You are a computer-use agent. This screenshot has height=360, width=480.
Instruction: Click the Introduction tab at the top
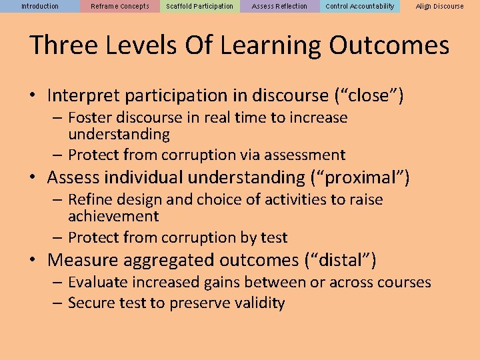tap(40, 6)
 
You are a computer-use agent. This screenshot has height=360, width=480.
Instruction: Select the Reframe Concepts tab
tap(120, 6)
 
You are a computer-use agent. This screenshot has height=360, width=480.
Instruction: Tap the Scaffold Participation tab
tap(200, 6)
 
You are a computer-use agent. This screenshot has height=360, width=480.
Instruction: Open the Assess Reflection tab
tap(280, 6)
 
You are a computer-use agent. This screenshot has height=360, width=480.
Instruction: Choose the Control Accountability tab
tap(360, 6)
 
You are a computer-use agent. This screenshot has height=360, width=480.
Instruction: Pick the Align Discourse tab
tap(440, 6)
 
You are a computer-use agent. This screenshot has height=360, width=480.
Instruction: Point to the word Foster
tap(90, 118)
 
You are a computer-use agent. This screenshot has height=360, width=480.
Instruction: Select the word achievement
tap(113, 217)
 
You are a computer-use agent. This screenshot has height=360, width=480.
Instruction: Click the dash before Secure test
tap(56, 303)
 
